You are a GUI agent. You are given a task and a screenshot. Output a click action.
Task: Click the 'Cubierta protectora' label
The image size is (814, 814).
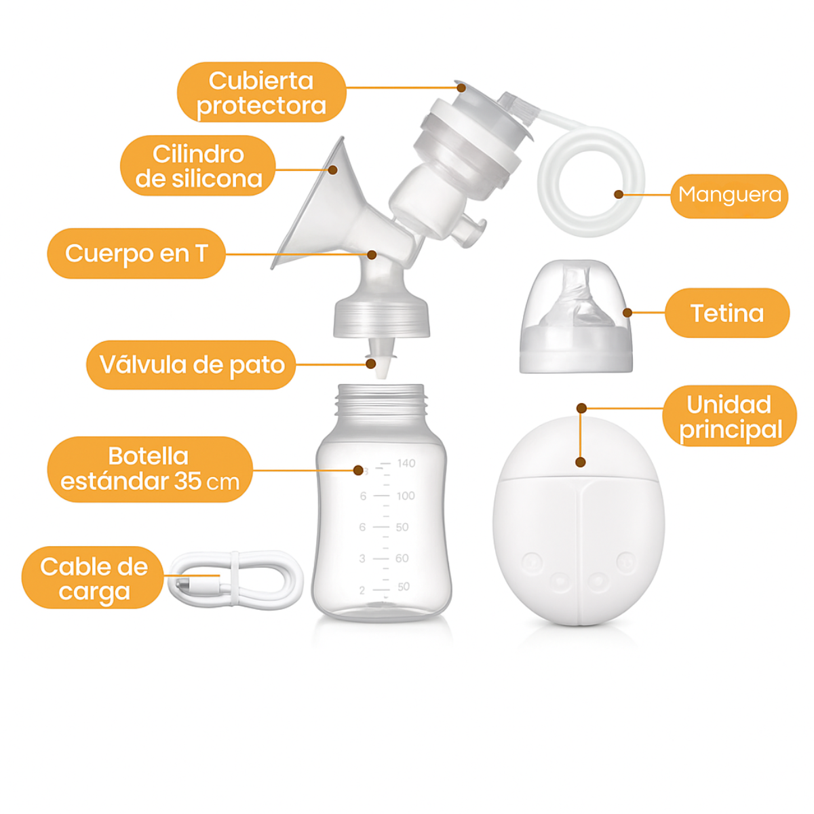tap(261, 92)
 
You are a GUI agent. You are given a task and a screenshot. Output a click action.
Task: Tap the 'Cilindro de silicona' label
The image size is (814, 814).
tap(198, 166)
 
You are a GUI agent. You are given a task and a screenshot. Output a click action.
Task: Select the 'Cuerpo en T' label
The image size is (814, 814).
tap(136, 254)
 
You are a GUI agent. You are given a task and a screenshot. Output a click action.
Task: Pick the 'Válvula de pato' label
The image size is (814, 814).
tap(191, 364)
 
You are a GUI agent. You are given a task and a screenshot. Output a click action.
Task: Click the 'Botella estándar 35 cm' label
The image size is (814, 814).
tap(150, 469)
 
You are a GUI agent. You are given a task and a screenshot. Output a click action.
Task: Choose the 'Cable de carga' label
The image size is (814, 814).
tap(93, 578)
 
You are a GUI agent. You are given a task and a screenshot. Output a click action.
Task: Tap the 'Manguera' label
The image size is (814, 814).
tap(729, 195)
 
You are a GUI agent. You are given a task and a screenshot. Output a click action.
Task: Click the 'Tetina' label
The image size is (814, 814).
tap(727, 313)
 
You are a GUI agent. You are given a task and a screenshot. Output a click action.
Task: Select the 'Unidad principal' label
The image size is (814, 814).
tap(729, 416)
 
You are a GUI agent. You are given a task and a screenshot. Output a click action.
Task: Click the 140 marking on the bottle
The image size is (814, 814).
tap(406, 463)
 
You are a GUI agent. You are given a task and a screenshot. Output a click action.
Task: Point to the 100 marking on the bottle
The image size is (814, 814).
tap(406, 496)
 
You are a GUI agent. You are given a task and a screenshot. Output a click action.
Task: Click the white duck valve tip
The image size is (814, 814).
tap(382, 368)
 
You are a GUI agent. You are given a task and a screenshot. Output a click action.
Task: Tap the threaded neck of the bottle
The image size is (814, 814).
tap(381, 402)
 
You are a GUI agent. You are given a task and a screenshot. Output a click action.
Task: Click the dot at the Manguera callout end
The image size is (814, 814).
tap(619, 195)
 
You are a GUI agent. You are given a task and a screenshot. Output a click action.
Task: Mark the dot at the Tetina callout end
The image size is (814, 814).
tap(627, 313)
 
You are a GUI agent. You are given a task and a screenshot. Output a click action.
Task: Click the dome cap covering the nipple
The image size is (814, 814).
tap(576, 317)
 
